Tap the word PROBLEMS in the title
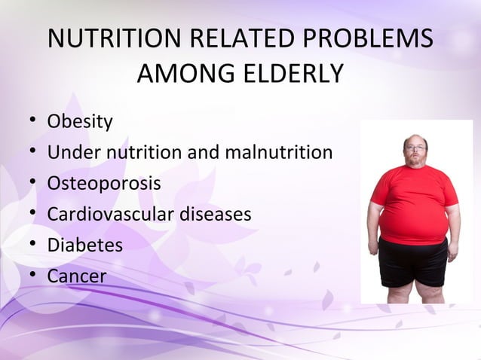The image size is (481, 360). [369, 39]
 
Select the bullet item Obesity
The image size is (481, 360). [80, 121]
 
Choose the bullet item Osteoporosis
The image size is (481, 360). [104, 183]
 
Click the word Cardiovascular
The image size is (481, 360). [111, 214]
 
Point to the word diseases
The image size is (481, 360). [215, 214]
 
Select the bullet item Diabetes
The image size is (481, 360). [84, 245]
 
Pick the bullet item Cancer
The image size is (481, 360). [77, 276]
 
